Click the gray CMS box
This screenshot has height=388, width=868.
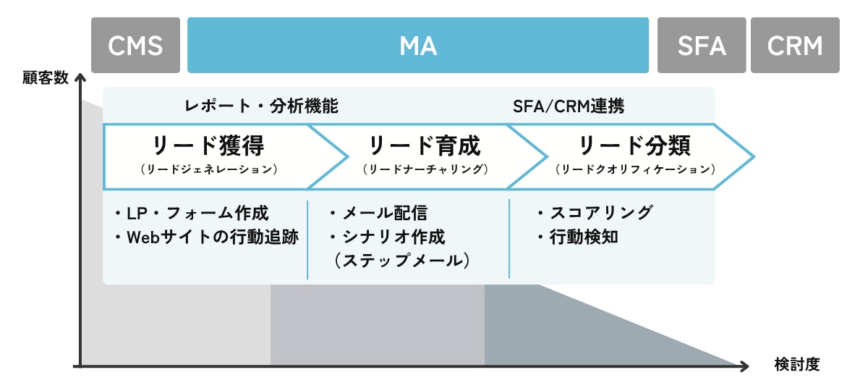(135, 46)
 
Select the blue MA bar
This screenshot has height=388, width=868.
(417, 46)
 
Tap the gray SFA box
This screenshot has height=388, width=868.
(701, 46)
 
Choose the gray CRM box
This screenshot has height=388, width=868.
(795, 46)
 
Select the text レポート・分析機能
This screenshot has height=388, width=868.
(262, 106)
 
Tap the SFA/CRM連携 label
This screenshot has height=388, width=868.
(568, 106)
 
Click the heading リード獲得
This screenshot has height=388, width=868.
(208, 145)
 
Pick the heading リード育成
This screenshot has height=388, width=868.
(425, 145)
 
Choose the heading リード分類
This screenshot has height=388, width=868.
(635, 145)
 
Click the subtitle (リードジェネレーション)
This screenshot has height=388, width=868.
(208, 169)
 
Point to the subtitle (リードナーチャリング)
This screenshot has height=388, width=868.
(425, 169)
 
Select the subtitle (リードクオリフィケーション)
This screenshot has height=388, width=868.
(635, 169)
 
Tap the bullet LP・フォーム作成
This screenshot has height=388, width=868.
(191, 214)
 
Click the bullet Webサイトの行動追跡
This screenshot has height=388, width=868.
(205, 237)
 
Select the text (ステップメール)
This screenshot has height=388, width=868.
(402, 261)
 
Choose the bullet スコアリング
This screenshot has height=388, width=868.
(595, 214)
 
